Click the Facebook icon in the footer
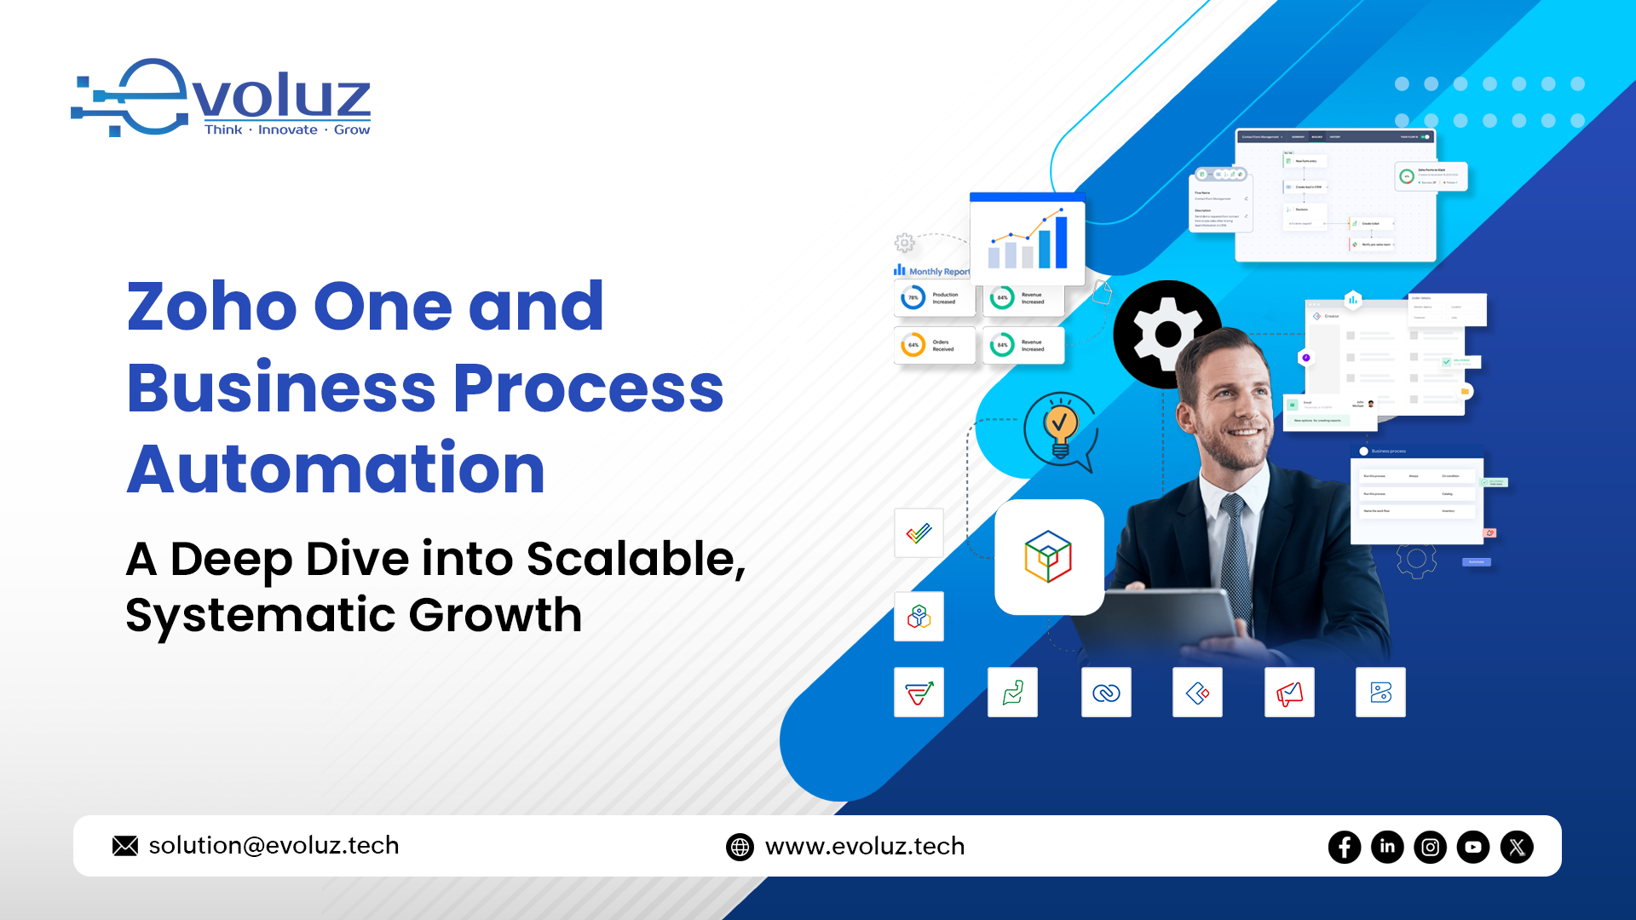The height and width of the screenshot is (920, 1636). [x=1345, y=847]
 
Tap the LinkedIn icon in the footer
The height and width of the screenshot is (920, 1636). [x=1387, y=847]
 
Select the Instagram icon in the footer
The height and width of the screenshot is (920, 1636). [x=1430, y=847]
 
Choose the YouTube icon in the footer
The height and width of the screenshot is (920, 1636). [x=1473, y=847]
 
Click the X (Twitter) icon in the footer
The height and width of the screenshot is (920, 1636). [x=1517, y=847]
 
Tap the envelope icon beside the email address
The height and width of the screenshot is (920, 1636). [x=125, y=846]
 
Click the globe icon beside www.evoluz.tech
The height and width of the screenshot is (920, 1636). [x=740, y=847]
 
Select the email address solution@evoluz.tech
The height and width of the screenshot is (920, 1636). [x=274, y=845]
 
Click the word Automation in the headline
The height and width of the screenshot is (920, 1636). [x=336, y=469]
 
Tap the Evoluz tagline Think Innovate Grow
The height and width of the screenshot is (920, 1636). [x=287, y=129]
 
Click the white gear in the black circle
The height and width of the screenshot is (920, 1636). [x=1167, y=334]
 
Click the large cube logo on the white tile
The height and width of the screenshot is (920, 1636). [x=1049, y=557]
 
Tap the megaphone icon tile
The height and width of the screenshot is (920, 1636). [x=1289, y=693]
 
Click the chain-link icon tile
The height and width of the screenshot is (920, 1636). [x=1106, y=693]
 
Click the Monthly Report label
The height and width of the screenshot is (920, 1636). [x=938, y=272]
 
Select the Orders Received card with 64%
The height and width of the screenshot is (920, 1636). [x=935, y=345]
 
